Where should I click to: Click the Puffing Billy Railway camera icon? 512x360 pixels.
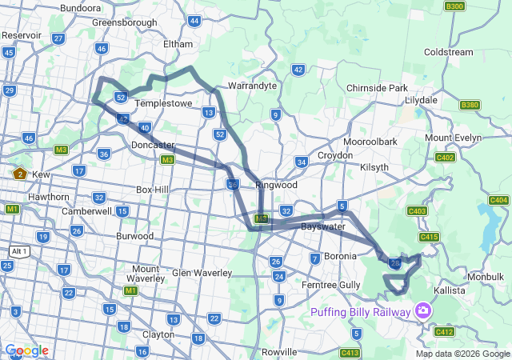pyautogui.click(x=422, y=311)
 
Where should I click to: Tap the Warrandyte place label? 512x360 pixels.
pyautogui.click(x=252, y=85)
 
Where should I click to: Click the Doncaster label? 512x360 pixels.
pyautogui.click(x=153, y=145)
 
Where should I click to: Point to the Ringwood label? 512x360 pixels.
pyautogui.click(x=276, y=185)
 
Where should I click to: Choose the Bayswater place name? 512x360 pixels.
pyautogui.click(x=322, y=227)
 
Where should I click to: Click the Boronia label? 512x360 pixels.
pyautogui.click(x=340, y=256)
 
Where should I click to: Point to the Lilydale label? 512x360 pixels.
pyautogui.click(x=421, y=100)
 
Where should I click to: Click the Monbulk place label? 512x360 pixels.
pyautogui.click(x=486, y=276)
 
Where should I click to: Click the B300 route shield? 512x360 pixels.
pyautogui.click(x=454, y=6)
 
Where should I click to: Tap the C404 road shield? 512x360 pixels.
pyautogui.click(x=498, y=200)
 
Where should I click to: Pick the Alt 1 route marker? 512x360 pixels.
pyautogui.click(x=19, y=251)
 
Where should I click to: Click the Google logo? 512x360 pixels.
pyautogui.click(x=26, y=350)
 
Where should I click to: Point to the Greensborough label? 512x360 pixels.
pyautogui.click(x=124, y=22)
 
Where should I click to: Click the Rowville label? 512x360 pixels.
pyautogui.click(x=279, y=351)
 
